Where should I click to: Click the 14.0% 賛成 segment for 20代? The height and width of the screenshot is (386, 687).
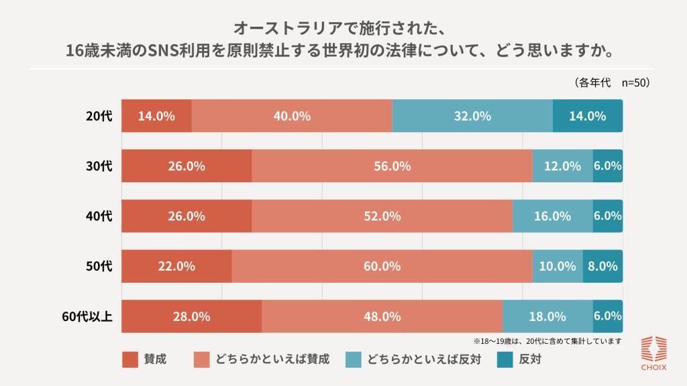point(156,116)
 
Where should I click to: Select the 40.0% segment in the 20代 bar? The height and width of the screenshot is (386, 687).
point(292,116)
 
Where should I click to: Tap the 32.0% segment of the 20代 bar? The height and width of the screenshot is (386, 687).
point(472,116)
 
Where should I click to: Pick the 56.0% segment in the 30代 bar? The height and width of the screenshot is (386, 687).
point(392,166)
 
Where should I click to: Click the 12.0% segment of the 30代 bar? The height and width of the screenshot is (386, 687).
point(562,166)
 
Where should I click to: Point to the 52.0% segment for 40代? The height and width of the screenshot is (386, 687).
point(382,216)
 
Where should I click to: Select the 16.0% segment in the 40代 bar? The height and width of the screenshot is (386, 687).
point(552,216)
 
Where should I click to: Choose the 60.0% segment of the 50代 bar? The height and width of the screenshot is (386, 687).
point(382,266)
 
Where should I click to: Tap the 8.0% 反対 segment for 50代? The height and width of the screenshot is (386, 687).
point(602,266)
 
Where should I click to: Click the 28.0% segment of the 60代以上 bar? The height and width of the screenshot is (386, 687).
point(191,316)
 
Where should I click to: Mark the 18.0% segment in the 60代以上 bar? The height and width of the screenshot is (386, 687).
point(547,316)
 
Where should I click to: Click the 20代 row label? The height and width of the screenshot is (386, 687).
point(99,116)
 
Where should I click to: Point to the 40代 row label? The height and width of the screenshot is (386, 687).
point(99,216)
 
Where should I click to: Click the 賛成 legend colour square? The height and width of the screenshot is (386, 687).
point(130,359)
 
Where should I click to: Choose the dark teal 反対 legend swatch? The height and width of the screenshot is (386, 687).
point(505,359)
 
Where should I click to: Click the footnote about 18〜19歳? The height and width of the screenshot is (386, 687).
point(547,340)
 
